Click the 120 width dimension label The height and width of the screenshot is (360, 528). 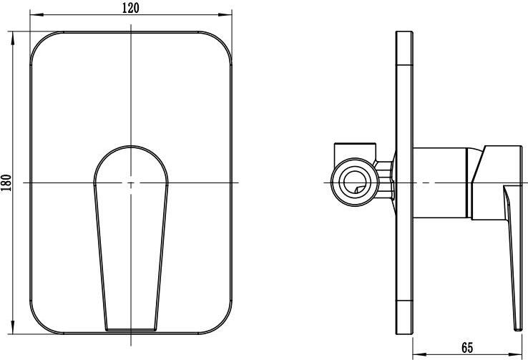click(x=130, y=8)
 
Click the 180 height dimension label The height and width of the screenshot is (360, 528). click(x=6, y=183)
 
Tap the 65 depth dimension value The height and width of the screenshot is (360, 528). click(x=467, y=348)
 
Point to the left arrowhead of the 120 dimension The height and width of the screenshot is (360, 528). click(x=36, y=14)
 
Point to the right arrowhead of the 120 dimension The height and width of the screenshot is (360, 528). click(x=225, y=14)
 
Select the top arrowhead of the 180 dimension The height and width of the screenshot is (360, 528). click(x=13, y=38)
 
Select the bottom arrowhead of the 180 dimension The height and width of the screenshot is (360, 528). click(x=13, y=327)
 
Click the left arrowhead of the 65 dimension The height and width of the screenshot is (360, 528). click(x=419, y=354)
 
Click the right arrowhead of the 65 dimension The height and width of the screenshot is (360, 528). click(x=515, y=354)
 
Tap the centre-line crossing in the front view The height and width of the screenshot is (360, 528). click(x=131, y=183)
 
